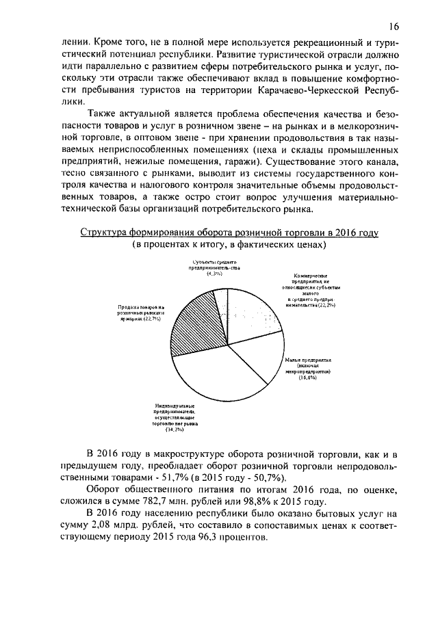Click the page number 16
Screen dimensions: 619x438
(393, 27)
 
